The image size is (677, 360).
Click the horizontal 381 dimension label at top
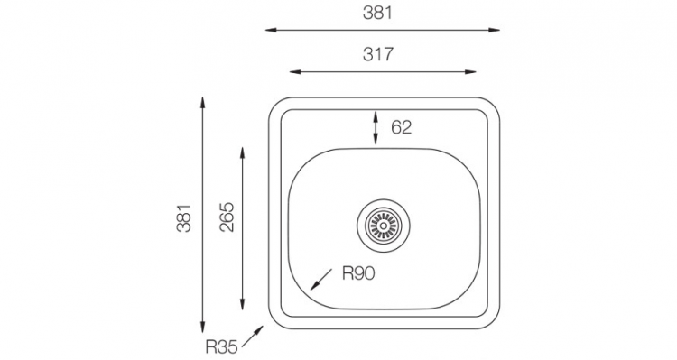(x=378, y=13)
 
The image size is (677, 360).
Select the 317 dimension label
(x=378, y=54)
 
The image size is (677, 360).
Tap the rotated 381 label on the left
(x=184, y=218)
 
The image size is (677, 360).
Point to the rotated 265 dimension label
(x=227, y=217)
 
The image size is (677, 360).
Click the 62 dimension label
(x=402, y=127)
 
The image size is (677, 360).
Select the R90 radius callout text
(x=358, y=273)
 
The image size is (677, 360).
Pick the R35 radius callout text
(x=221, y=346)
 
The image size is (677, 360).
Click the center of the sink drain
(x=384, y=225)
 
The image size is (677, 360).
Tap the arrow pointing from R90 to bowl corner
(x=321, y=280)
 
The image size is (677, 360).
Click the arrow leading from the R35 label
(x=253, y=337)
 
